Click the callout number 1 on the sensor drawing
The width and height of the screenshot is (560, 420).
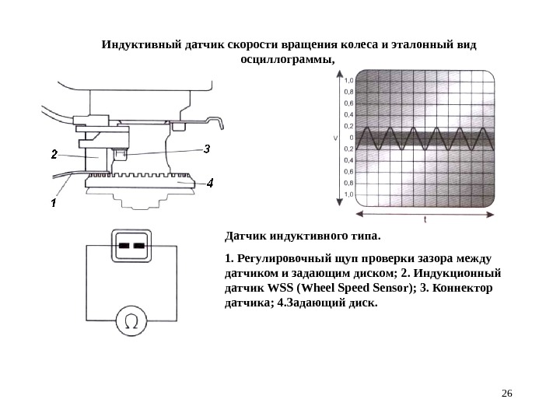point(53,202)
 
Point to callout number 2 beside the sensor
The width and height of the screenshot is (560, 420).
point(54,154)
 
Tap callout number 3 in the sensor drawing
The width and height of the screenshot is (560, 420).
point(207,149)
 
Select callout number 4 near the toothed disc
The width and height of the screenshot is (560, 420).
point(210,184)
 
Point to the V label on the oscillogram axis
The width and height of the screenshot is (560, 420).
point(335,138)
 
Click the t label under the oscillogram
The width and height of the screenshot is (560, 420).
point(425,220)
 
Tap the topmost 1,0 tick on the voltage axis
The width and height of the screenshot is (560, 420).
point(349,79)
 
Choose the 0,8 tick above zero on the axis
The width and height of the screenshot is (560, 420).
point(349,91)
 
